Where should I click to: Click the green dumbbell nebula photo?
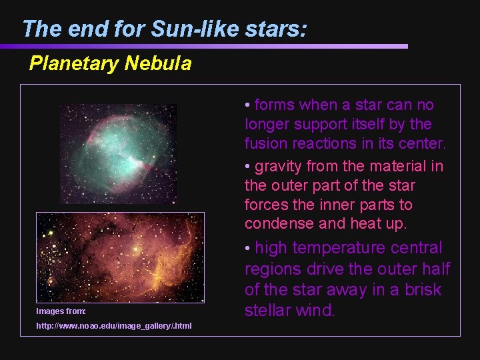tap(119, 153)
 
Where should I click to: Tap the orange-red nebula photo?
tap(120, 257)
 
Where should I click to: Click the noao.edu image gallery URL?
tap(113, 325)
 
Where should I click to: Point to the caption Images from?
tap(61, 311)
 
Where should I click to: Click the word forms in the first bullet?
tap(275, 105)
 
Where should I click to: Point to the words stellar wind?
tap(289, 311)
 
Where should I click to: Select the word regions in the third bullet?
tap(274, 269)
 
